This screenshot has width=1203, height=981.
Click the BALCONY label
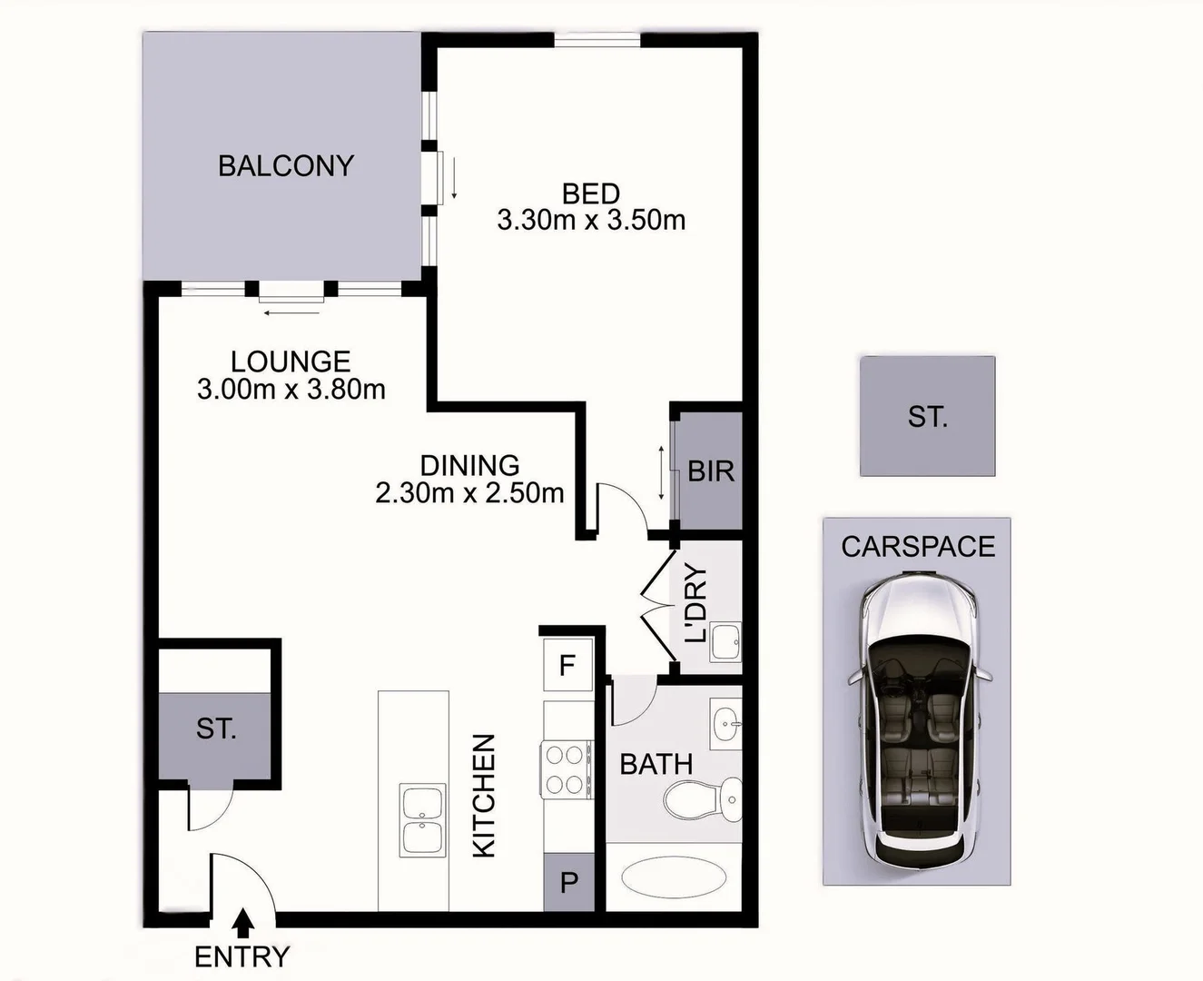tap(285, 166)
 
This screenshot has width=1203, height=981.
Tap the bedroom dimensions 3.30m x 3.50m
tap(591, 220)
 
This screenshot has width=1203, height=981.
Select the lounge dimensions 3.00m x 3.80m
tap(291, 390)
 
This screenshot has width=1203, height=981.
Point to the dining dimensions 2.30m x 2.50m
tap(469, 493)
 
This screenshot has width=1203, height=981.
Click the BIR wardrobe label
tap(710, 471)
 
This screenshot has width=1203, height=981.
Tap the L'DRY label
tap(695, 603)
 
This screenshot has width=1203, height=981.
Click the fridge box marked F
tap(567, 666)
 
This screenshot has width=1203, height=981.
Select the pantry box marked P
tap(568, 882)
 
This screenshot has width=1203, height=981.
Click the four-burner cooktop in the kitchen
tap(565, 769)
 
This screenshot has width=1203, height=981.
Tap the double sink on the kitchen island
tap(423, 820)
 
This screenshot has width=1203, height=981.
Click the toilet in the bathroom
tap(702, 799)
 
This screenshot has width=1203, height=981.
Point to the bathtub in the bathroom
tap(673, 878)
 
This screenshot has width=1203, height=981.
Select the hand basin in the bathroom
tap(725, 724)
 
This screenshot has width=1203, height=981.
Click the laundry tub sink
tap(725, 642)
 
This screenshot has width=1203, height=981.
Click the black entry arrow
tap(242, 923)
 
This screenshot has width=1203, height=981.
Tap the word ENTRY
tap(242, 956)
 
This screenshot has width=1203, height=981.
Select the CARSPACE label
tap(918, 547)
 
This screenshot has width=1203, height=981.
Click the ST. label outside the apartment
tap(927, 417)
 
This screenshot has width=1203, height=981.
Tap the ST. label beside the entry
tap(216, 728)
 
